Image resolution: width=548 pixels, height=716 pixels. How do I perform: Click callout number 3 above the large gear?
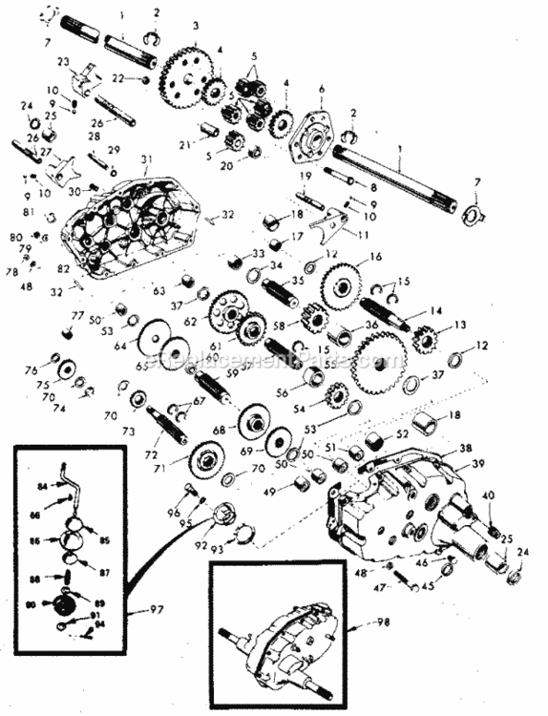pyautogui.click(x=195, y=26)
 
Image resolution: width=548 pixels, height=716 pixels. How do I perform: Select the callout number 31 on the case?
pyautogui.click(x=147, y=158)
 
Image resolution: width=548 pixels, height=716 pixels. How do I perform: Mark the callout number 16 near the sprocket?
pyautogui.click(x=375, y=257)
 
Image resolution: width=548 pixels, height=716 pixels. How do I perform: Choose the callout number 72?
pyautogui.click(x=150, y=456)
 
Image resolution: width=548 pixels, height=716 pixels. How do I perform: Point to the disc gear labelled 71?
pyautogui.click(x=201, y=460)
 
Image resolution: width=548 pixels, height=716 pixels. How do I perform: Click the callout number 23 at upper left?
pyautogui.click(x=64, y=61)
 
